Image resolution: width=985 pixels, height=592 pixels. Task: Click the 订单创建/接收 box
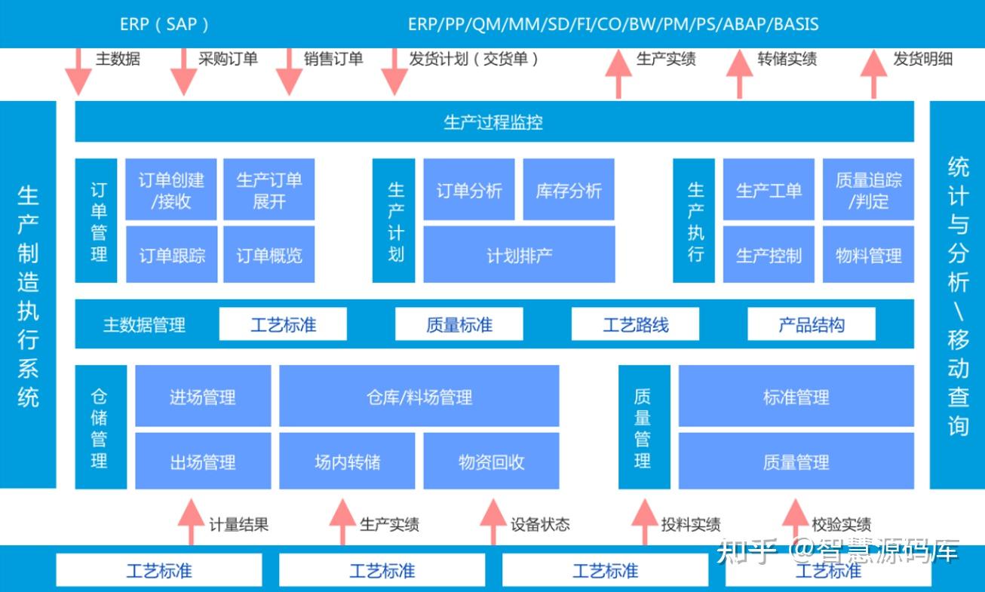tap(171, 189)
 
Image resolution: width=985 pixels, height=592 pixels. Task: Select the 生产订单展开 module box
tap(269, 189)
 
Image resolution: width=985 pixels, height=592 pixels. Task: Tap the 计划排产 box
tap(519, 255)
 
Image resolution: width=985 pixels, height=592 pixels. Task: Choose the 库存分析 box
tap(569, 189)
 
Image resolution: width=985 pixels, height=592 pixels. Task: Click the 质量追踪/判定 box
tap(868, 189)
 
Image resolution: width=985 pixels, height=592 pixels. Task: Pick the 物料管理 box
tap(868, 255)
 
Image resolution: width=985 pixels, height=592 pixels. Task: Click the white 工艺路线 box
tap(635, 325)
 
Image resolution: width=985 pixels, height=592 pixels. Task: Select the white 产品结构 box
tap(812, 325)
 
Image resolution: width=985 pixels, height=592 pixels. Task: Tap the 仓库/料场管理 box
tap(419, 397)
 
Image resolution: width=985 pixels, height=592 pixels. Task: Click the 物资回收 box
tap(491, 462)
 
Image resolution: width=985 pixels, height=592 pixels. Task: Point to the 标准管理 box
tap(796, 397)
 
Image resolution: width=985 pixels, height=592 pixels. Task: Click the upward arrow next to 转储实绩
tap(739, 73)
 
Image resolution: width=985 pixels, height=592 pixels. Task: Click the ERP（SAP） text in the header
tap(165, 23)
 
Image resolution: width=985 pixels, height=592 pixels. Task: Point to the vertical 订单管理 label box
tap(97, 221)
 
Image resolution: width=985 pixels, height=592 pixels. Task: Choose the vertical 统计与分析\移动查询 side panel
tap(957, 294)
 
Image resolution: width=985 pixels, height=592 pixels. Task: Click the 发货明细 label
tap(922, 59)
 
